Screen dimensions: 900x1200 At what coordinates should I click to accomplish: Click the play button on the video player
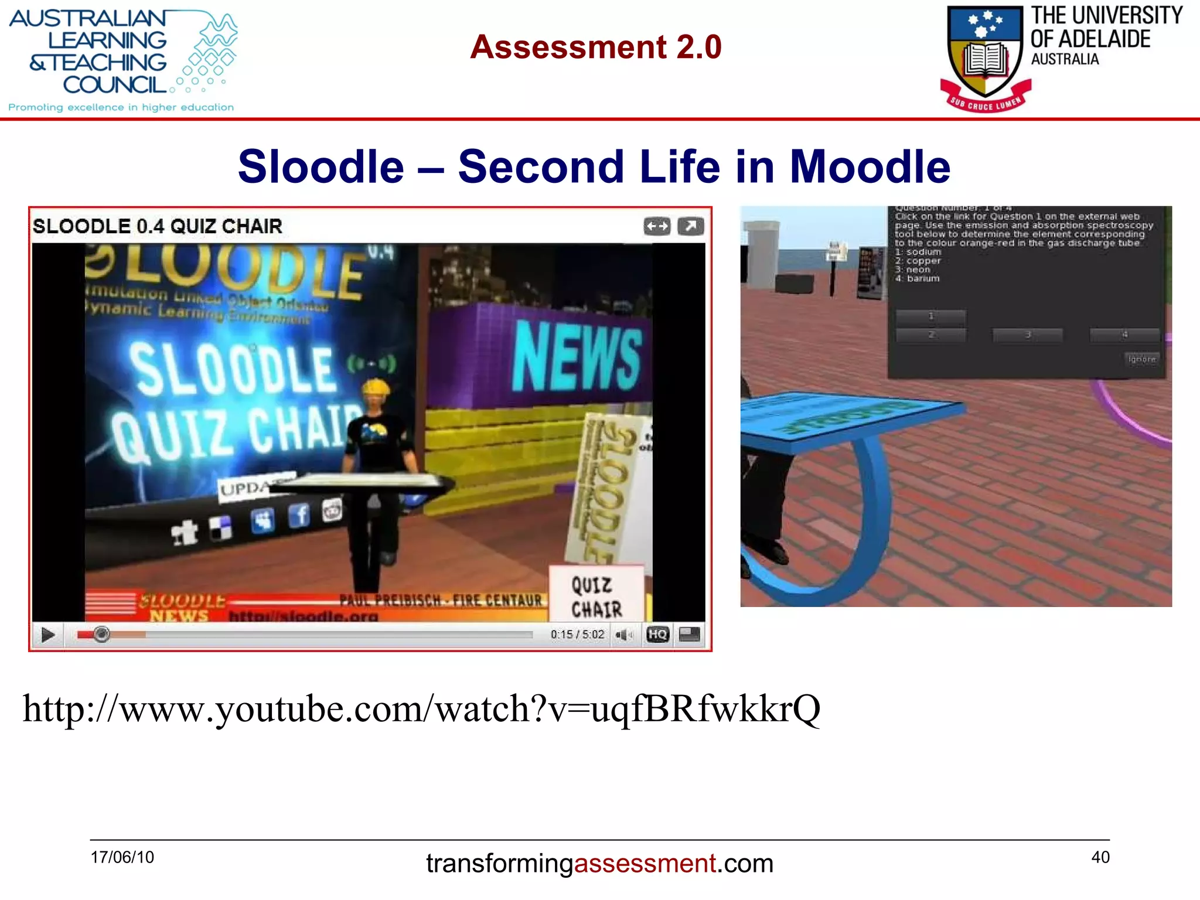[48, 635]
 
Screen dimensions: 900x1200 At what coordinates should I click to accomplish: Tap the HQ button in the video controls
[657, 635]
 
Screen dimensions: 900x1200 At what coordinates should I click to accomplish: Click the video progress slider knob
[101, 634]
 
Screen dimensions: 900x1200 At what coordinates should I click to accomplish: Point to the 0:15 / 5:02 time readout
[577, 635]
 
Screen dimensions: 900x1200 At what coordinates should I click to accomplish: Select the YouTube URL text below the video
[421, 709]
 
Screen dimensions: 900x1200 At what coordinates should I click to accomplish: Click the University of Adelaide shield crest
[986, 54]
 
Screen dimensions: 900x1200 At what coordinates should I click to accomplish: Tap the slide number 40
[1100, 857]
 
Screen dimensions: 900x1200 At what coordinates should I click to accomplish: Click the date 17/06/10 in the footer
[122, 857]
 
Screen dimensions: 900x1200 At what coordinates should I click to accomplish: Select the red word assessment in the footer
[645, 864]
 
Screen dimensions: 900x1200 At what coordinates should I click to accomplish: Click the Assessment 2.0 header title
[595, 47]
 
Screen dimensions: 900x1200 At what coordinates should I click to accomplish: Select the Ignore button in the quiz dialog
[1141, 359]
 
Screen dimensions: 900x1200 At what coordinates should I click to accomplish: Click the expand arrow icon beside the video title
[690, 226]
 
